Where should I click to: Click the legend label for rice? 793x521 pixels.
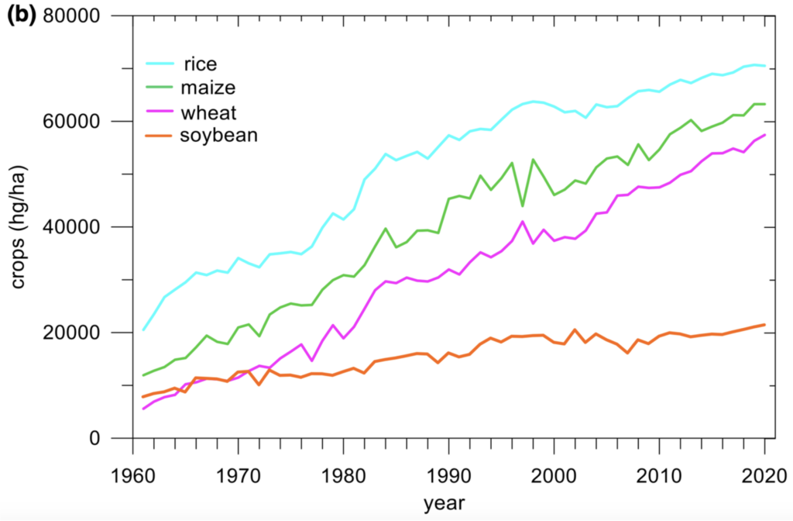click(x=199, y=62)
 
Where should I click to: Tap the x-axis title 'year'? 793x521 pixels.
click(x=444, y=503)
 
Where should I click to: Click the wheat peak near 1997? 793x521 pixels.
click(x=523, y=222)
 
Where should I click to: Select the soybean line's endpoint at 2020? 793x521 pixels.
click(x=764, y=325)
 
